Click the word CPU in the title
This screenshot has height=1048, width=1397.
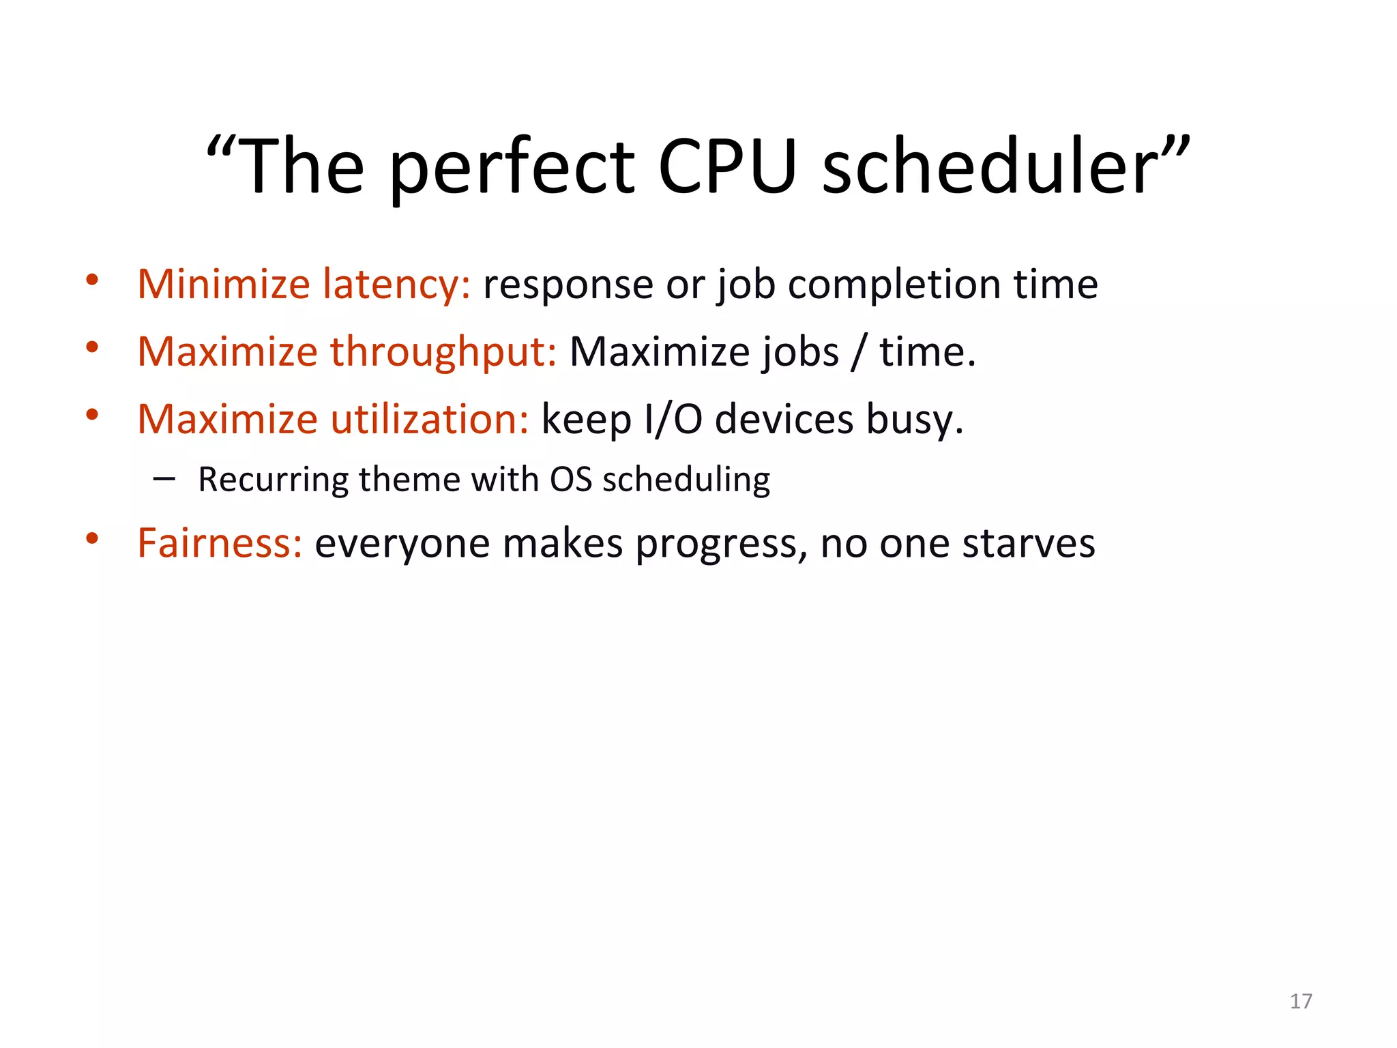click(x=727, y=167)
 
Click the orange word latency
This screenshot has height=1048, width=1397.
click(x=396, y=284)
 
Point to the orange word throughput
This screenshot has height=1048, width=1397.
click(x=443, y=352)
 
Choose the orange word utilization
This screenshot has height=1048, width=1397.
click(x=430, y=419)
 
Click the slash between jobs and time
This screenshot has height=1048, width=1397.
click(x=859, y=352)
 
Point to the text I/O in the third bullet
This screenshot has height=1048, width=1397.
click(x=673, y=419)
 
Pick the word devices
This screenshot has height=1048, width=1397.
click(x=784, y=419)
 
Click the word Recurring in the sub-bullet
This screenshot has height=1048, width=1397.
click(x=273, y=479)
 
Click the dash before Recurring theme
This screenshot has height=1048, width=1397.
click(x=164, y=479)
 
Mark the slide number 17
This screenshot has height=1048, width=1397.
click(x=1301, y=1001)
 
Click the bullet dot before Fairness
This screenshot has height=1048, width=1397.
click(x=92, y=539)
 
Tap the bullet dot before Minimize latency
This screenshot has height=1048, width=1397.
click(x=92, y=280)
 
